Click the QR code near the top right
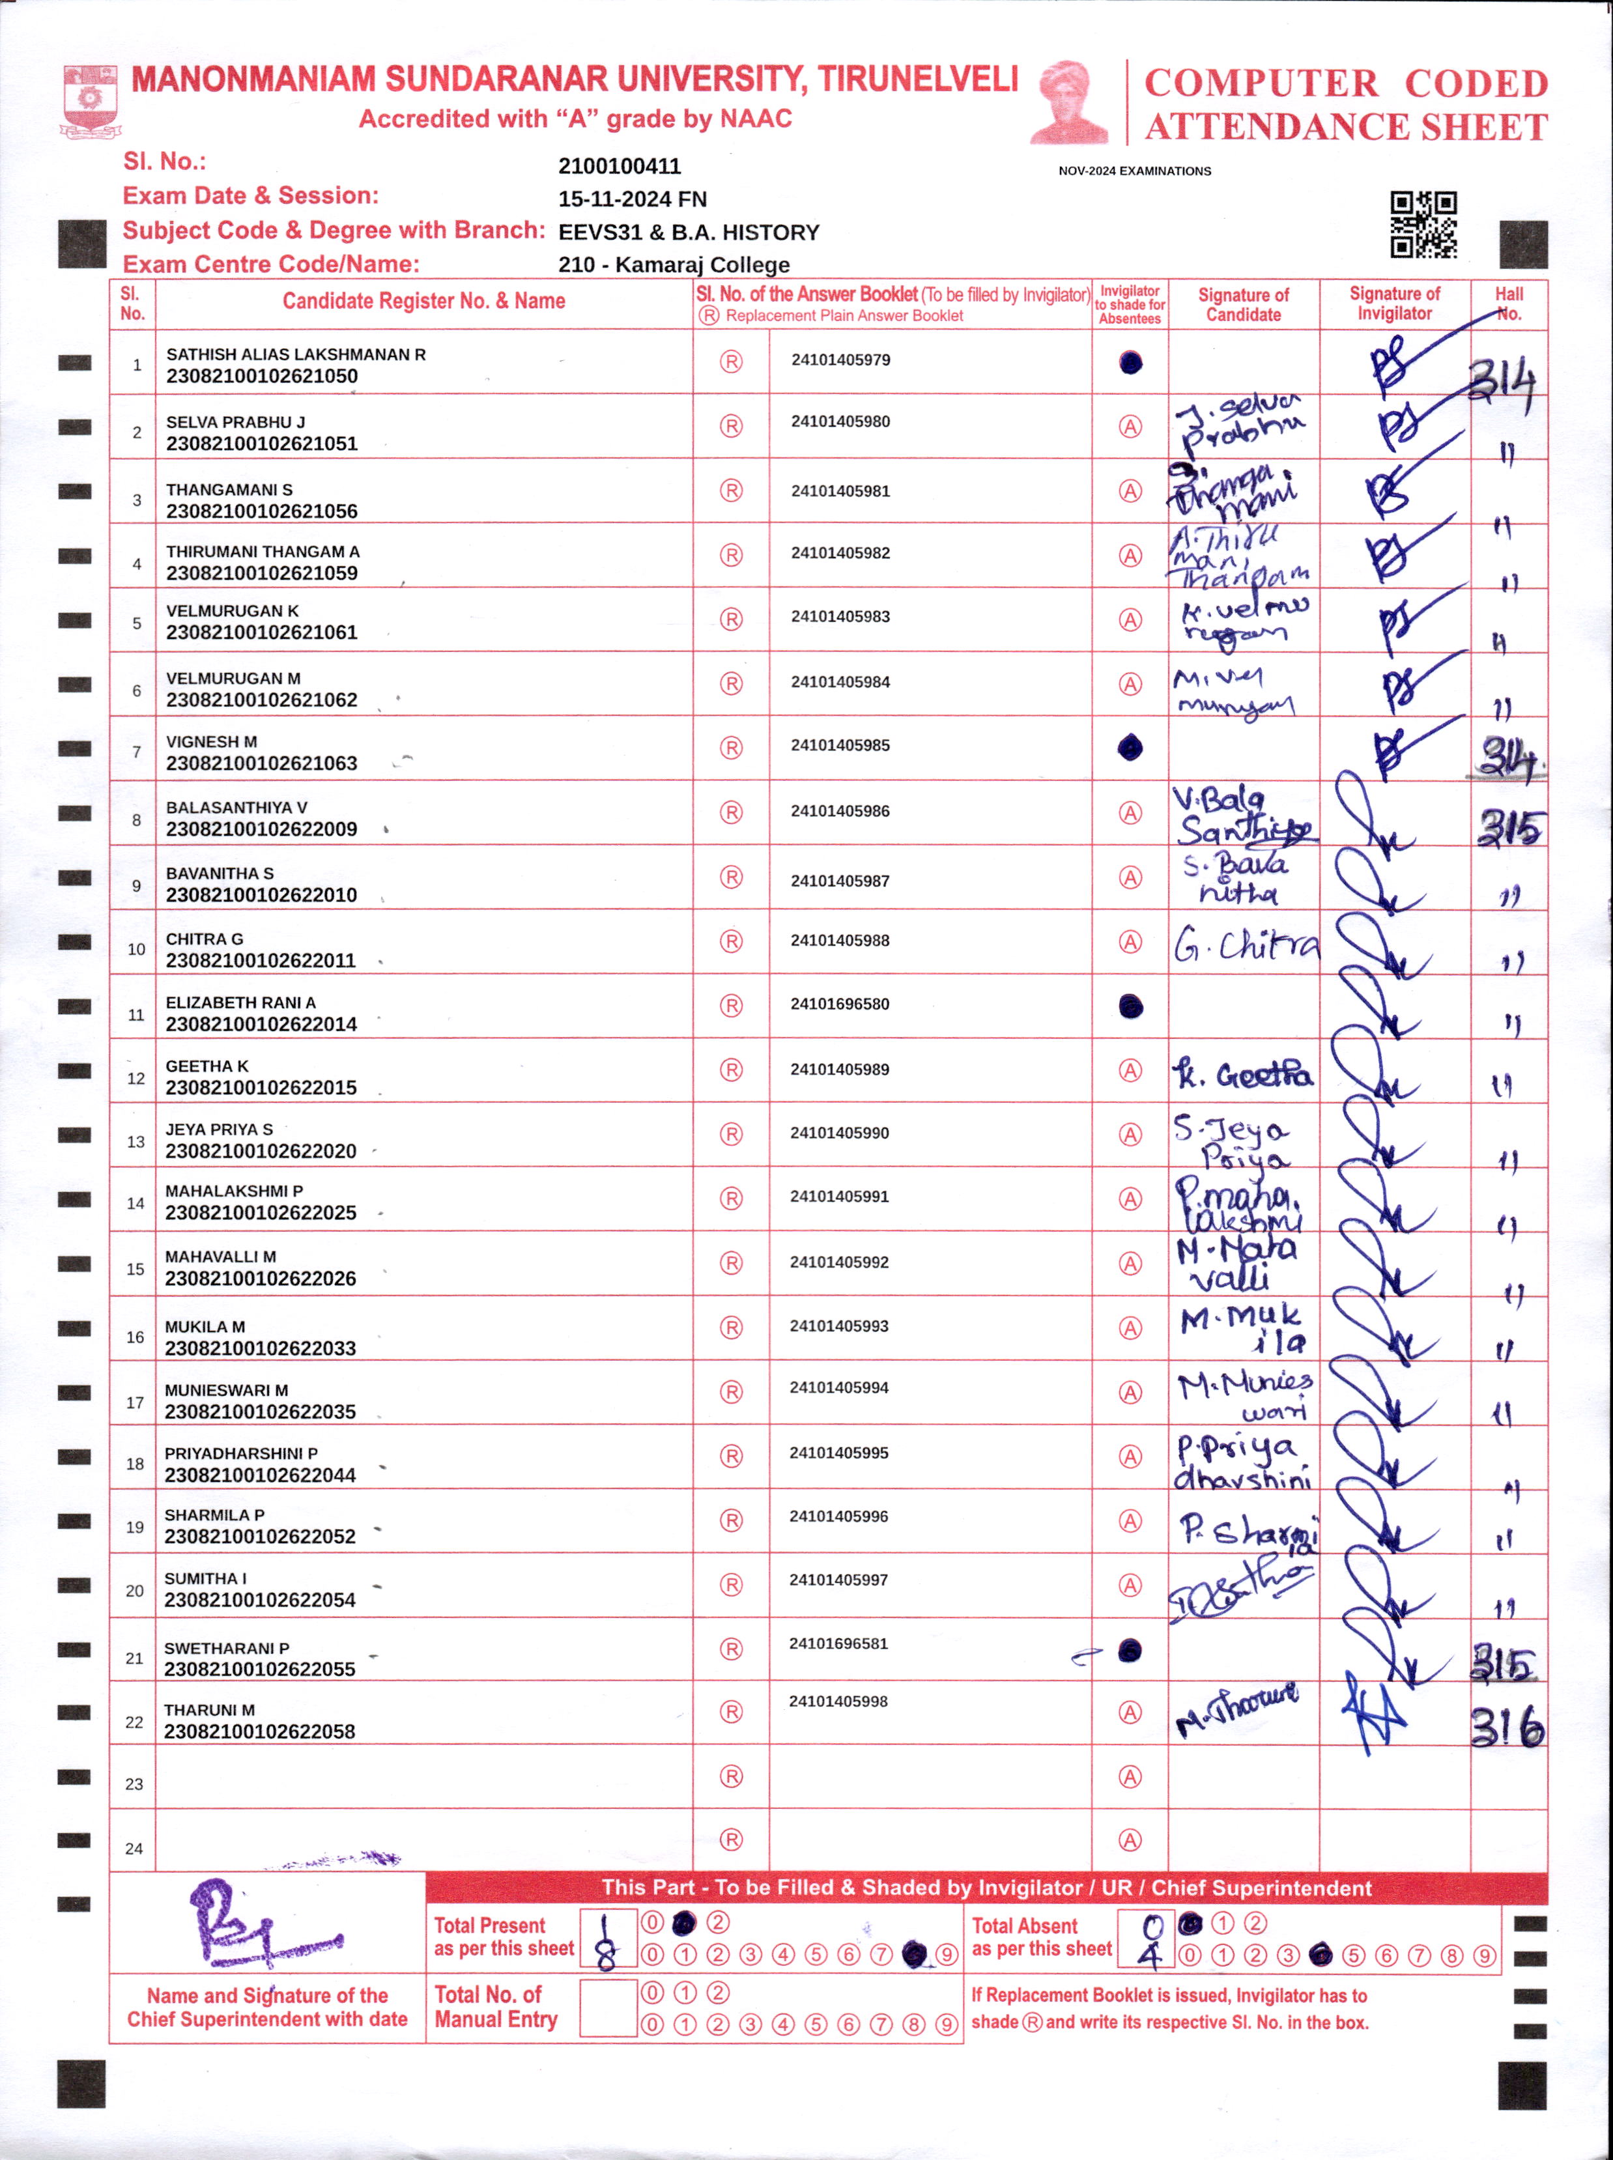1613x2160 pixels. point(1423,225)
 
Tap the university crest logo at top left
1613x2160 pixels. point(91,100)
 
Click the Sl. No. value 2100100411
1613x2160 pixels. point(619,166)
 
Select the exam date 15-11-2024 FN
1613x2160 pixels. point(632,199)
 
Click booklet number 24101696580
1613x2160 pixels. point(840,1003)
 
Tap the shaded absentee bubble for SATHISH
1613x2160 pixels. point(1131,363)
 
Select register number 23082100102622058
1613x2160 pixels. point(260,1731)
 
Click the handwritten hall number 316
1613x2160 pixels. point(1507,1727)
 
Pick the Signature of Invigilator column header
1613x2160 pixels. point(1394,304)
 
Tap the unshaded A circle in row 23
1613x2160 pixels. point(1130,1776)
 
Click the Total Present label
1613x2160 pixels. point(490,1925)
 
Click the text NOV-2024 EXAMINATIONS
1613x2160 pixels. point(1135,171)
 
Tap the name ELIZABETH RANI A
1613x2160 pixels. point(240,1002)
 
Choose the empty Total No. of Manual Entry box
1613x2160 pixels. point(608,2008)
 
